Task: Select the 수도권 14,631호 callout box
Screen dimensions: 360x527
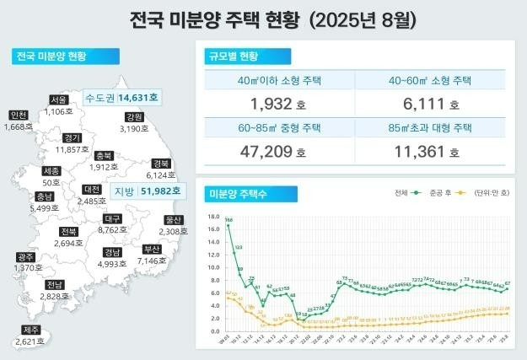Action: coord(122,98)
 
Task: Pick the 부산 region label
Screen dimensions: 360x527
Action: coord(152,250)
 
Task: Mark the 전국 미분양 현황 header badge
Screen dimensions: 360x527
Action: coord(51,56)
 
